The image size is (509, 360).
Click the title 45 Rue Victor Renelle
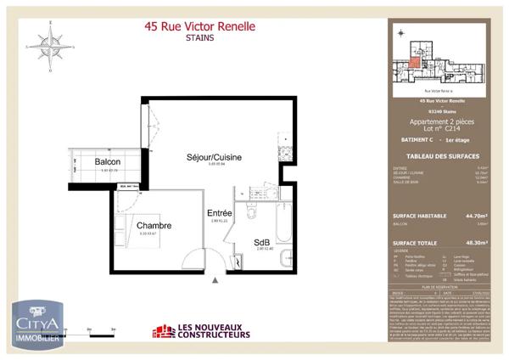pyautogui.click(x=200, y=26)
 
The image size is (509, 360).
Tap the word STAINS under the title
pyautogui.click(x=200, y=38)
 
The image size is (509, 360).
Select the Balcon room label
pyautogui.click(x=107, y=162)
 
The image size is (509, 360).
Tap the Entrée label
pyautogui.click(x=220, y=213)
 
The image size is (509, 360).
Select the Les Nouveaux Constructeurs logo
pyautogui.click(x=201, y=331)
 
